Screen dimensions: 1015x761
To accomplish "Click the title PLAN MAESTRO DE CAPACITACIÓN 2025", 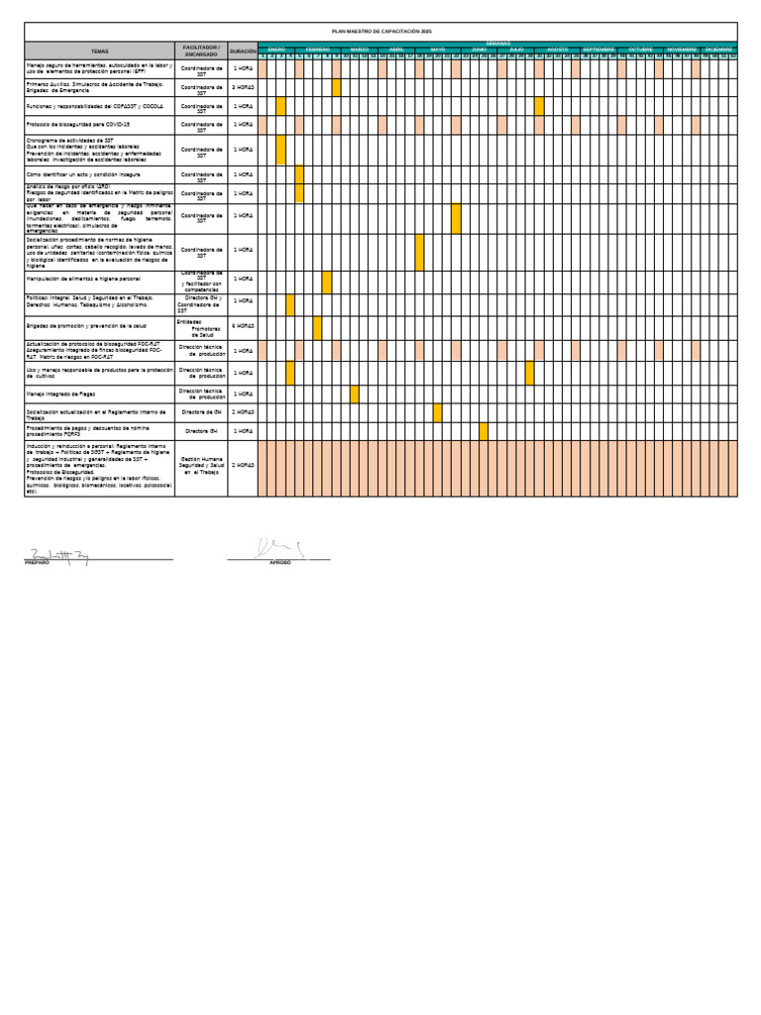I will coord(380,32).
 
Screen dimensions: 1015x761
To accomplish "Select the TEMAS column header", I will coord(100,50).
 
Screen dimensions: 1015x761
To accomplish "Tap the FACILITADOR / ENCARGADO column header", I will coord(201,50).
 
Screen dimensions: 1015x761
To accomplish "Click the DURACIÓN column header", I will coord(243,50).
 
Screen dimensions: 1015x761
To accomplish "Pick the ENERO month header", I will coord(276,49).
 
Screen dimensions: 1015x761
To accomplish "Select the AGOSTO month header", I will coord(558,49).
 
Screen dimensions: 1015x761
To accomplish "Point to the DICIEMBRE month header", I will coord(719,49).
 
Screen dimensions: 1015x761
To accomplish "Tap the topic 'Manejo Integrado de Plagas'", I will coord(65,394).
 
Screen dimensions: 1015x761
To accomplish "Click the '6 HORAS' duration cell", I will coord(243,326).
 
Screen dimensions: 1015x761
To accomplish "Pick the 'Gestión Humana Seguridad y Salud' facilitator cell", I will coord(201,466).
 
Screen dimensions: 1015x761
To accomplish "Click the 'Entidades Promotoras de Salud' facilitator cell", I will coord(201,328).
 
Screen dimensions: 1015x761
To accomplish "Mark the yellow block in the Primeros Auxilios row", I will coord(337,87).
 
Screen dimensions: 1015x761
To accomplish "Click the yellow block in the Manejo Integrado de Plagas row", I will coord(355,394).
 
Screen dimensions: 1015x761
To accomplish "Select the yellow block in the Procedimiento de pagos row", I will coord(484,431).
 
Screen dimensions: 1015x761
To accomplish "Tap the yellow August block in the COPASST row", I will coord(539,106).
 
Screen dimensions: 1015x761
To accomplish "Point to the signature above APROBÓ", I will coord(278,548).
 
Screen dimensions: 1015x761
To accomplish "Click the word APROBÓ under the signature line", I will coord(280,563).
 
